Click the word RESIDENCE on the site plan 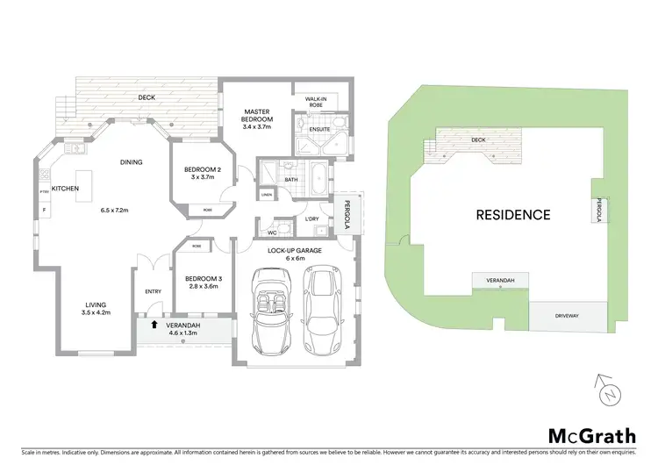click(513, 214)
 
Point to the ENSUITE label click(318, 128)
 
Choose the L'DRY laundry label click(311, 218)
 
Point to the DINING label click(132, 161)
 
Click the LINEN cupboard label click(266, 194)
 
